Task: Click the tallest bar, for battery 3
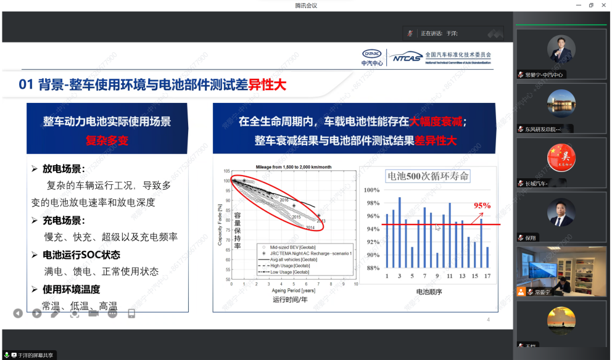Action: (400, 232)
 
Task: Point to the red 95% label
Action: (482, 205)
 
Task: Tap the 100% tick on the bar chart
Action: (371, 190)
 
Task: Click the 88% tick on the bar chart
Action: (372, 268)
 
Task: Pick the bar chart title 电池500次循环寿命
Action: (428, 176)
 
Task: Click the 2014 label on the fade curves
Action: (310, 227)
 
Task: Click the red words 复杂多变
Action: (107, 141)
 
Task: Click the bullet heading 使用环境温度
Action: (71, 289)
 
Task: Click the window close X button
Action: (603, 6)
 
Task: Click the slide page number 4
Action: (488, 319)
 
